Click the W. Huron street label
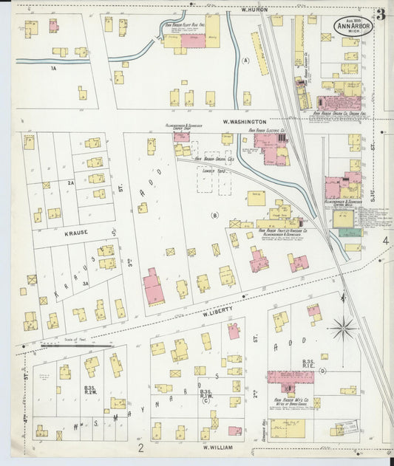254,10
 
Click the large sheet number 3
380,14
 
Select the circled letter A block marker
246,61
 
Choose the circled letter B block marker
215,216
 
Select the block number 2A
71,182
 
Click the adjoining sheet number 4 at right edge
385,241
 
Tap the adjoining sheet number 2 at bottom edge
140,447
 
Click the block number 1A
53,68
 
